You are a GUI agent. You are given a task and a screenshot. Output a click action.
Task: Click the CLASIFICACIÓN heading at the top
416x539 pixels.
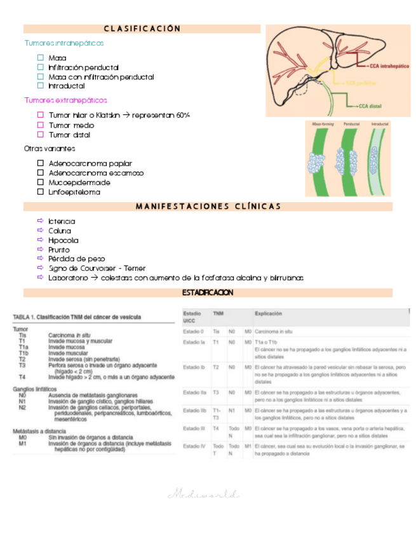point(142,29)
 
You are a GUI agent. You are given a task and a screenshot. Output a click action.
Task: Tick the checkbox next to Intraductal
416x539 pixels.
point(41,86)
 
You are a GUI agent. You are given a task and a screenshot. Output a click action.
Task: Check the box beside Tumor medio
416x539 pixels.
point(41,125)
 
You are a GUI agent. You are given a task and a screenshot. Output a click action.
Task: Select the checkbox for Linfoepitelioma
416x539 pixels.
point(41,191)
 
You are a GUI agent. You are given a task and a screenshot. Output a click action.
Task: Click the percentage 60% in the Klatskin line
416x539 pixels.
point(183,115)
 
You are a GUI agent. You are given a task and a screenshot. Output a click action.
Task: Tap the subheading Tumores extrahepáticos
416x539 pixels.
point(65,100)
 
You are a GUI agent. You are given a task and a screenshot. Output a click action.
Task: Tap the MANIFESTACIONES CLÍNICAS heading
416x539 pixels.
point(208,207)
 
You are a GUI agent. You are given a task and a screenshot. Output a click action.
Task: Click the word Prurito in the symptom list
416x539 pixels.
point(59,250)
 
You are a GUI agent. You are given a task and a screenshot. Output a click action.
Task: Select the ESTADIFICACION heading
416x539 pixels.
point(208,292)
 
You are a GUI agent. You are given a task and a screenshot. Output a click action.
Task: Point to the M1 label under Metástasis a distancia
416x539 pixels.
point(22,444)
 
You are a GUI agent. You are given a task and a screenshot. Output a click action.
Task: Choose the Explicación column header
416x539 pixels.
point(268,314)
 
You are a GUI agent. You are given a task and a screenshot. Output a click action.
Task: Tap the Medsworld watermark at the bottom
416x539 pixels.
point(203,493)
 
